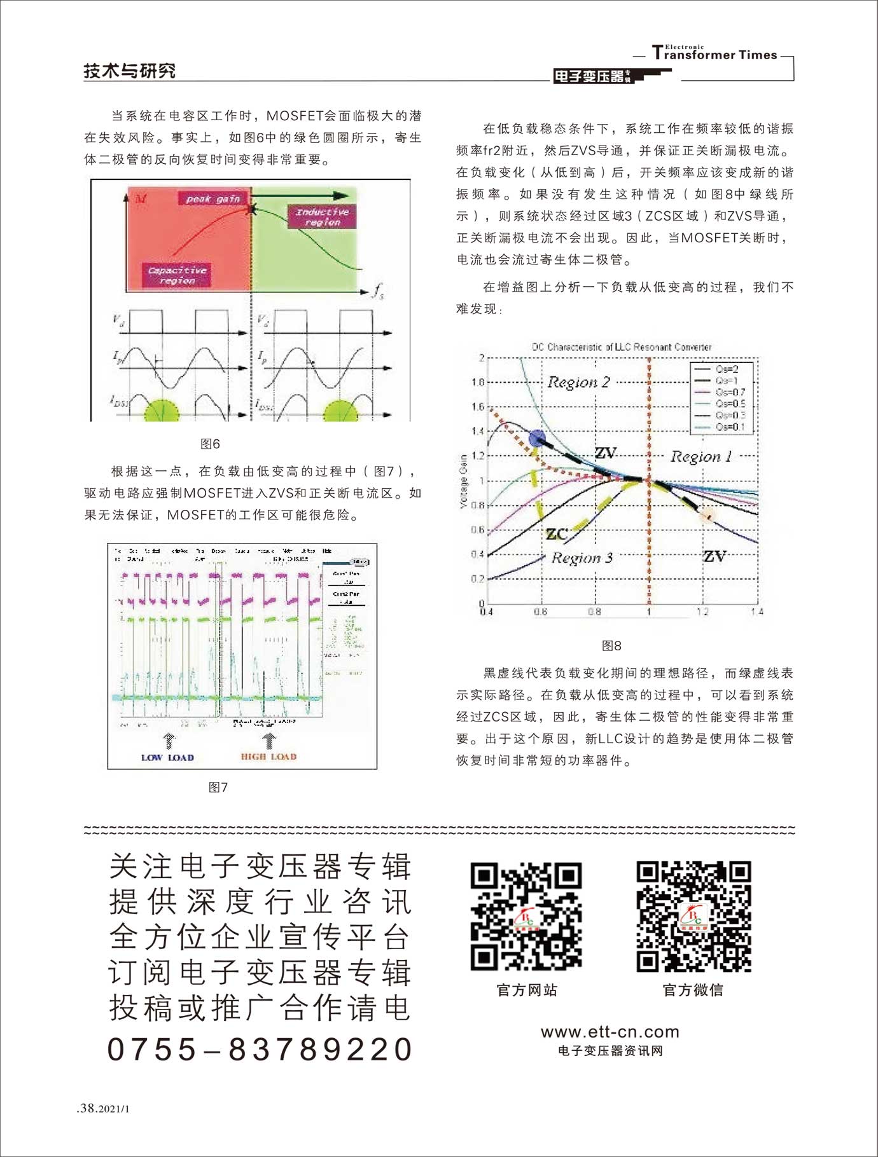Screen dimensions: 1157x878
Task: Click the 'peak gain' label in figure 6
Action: point(213,199)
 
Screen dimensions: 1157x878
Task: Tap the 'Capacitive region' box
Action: point(178,275)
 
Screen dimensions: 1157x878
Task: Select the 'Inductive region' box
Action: point(323,217)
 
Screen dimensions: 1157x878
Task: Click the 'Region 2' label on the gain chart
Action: point(578,382)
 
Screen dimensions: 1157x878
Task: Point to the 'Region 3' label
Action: point(582,558)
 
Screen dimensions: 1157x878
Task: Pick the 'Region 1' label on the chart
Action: point(701,456)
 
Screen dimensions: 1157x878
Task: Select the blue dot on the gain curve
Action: point(537,437)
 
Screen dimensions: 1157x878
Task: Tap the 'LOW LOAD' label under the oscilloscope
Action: point(167,757)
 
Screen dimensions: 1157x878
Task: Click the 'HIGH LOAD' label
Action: point(268,756)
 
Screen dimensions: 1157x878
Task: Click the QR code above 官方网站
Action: point(526,917)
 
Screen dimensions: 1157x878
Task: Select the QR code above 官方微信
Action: point(693,917)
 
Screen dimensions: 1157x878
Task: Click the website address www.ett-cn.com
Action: point(610,1032)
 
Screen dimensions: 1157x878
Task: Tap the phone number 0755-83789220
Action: point(260,1050)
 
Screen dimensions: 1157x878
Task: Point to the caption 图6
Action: point(210,444)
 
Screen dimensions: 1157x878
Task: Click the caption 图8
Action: point(611,645)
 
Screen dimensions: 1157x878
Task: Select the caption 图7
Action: point(218,787)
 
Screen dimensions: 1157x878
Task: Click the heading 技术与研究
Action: point(130,71)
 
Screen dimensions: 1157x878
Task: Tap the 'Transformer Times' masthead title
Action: point(715,54)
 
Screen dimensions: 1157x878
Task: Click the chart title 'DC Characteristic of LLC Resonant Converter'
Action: point(621,347)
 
